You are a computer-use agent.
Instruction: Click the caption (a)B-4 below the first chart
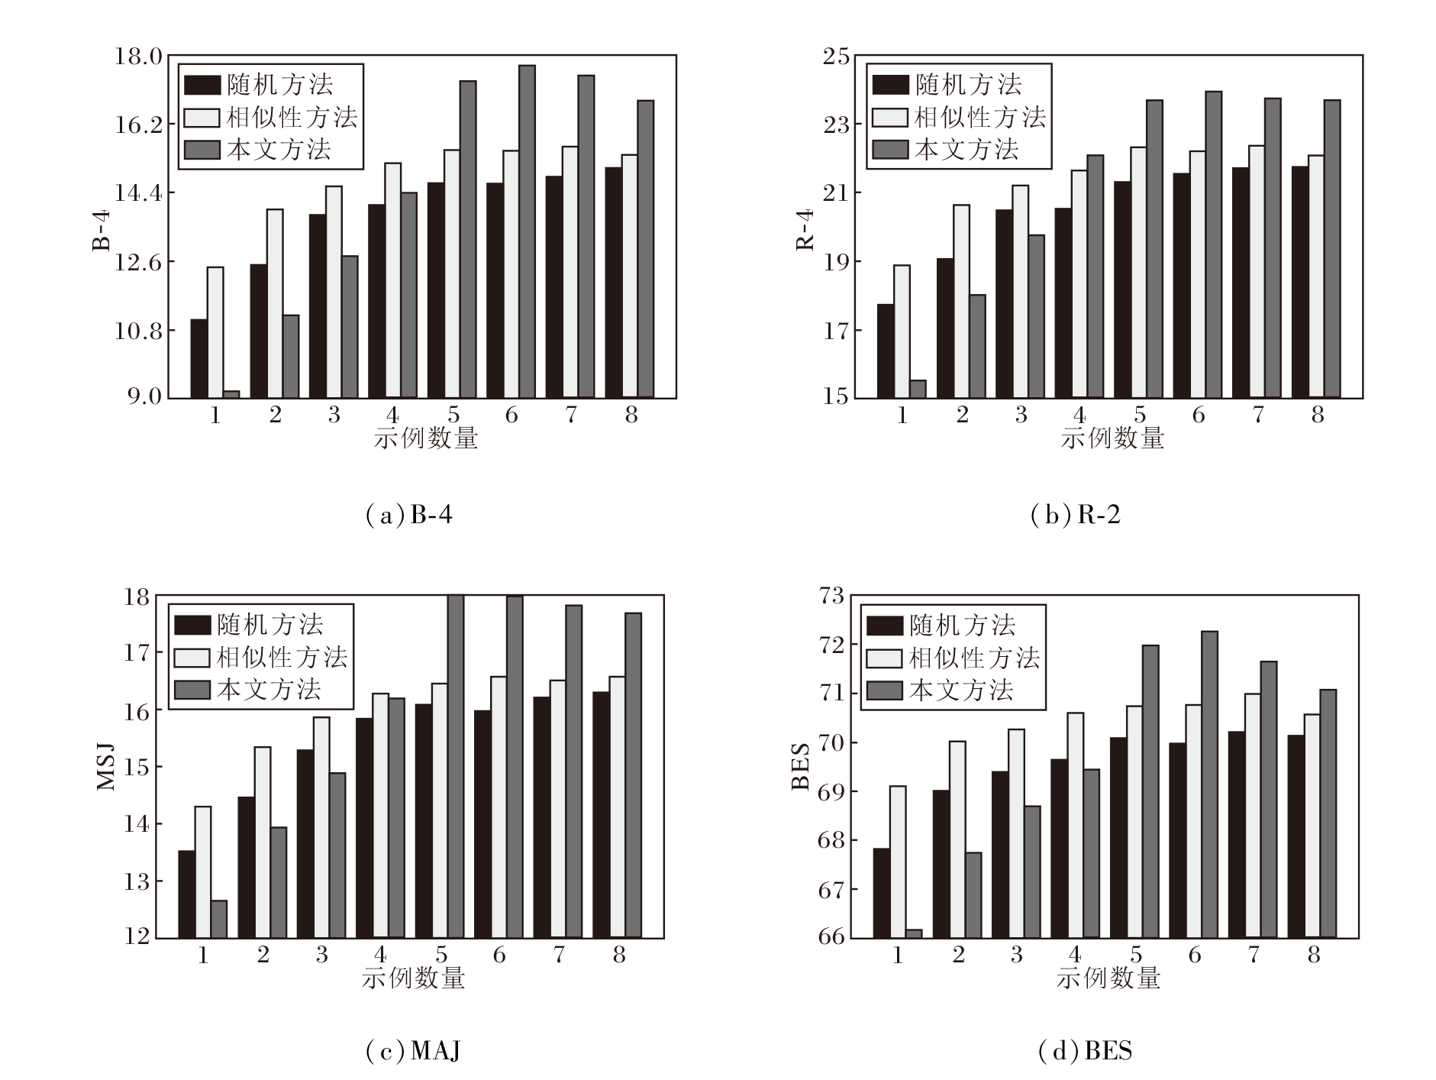tap(409, 516)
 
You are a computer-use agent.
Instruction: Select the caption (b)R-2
tap(1075, 516)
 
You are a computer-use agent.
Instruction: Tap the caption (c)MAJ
tap(413, 1052)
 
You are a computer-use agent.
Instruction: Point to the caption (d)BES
tap(1085, 1052)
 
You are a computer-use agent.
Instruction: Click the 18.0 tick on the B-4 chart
tap(137, 57)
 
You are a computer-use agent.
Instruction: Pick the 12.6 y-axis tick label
tap(137, 262)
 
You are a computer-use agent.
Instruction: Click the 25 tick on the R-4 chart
tap(835, 57)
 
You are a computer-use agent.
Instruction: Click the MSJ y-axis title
tap(106, 766)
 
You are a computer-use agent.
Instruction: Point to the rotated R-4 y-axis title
tap(805, 229)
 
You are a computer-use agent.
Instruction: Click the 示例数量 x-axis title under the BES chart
tap(1108, 978)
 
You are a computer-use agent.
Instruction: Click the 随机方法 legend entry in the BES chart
tap(941, 626)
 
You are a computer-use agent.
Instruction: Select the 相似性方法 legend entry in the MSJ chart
tap(261, 658)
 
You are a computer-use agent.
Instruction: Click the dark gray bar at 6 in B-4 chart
tap(527, 231)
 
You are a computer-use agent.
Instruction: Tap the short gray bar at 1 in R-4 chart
tap(918, 389)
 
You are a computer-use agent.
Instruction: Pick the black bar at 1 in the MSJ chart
tap(186, 894)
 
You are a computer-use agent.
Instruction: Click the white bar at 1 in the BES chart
tap(898, 862)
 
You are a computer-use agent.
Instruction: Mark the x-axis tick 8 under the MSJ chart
tap(618, 955)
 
